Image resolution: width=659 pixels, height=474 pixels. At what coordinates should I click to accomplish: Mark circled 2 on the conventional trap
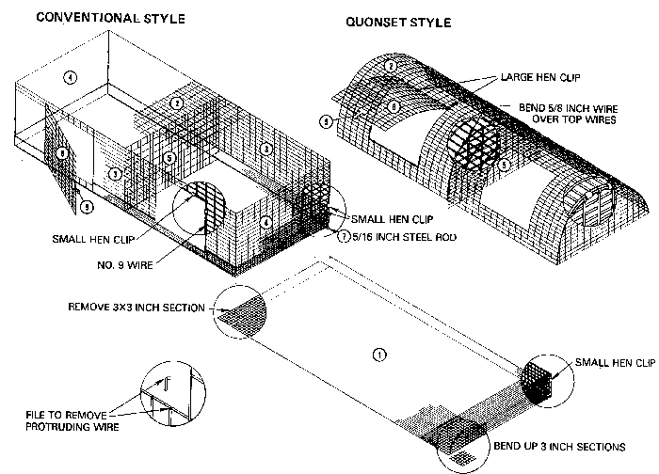[x=176, y=102]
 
